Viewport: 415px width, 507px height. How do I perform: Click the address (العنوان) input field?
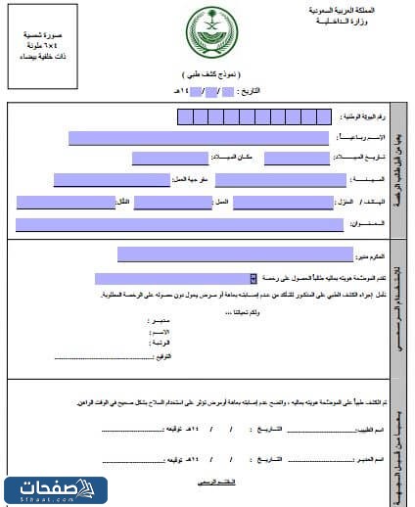(x=180, y=225)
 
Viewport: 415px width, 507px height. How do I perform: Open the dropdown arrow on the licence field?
(x=254, y=278)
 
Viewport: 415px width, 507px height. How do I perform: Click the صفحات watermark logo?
(x=53, y=487)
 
